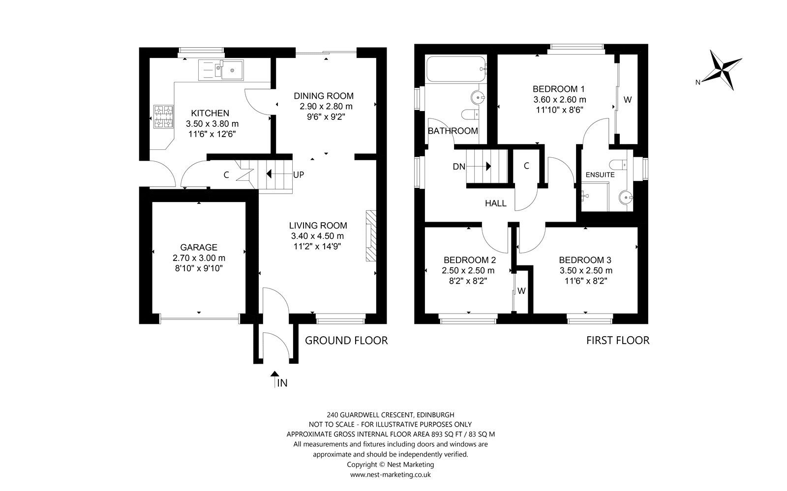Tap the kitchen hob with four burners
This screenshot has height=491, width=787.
[164, 117]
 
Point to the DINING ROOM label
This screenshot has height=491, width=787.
[324, 96]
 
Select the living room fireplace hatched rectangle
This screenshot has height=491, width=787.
[371, 237]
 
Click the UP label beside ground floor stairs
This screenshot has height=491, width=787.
[299, 174]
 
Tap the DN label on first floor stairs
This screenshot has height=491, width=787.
[459, 167]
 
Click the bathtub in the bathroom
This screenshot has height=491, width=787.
[457, 70]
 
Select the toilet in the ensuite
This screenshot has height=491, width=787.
[618, 164]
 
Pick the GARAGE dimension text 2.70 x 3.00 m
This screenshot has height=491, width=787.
[199, 258]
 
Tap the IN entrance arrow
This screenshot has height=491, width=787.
[274, 376]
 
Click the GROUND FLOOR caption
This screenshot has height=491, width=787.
[346, 340]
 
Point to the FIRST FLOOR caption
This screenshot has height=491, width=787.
[617, 340]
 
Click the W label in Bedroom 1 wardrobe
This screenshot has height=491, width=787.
[628, 100]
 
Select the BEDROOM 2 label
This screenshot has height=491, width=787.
[469, 260]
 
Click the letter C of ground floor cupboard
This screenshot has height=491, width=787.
[227, 174]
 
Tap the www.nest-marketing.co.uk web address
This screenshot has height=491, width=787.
[391, 474]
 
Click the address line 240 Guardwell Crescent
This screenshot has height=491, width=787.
[391, 414]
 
